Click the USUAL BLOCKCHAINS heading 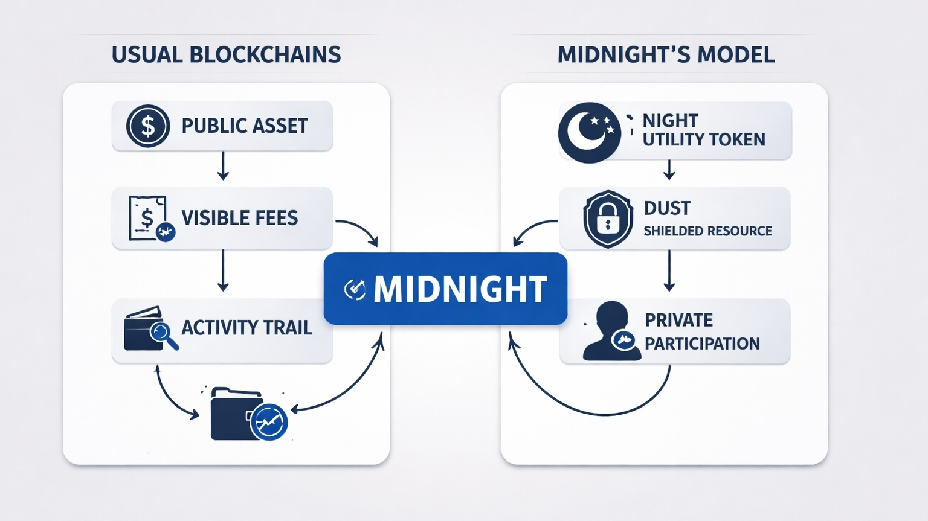click(x=226, y=55)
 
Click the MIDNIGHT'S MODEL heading click(x=666, y=55)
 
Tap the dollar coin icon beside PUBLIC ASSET click(x=147, y=126)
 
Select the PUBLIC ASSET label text click(x=245, y=126)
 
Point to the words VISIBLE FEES click(x=240, y=218)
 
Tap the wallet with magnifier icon click(x=149, y=330)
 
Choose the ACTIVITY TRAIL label click(x=246, y=328)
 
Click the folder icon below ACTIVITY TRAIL click(x=246, y=415)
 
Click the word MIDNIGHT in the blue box click(x=460, y=289)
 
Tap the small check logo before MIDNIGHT click(x=355, y=289)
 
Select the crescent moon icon click(x=589, y=132)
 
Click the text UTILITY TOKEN click(x=704, y=139)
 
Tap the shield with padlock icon click(x=608, y=219)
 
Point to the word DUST click(x=667, y=208)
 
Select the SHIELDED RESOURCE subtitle click(x=707, y=231)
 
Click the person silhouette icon click(x=610, y=331)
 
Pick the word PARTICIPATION click(x=702, y=344)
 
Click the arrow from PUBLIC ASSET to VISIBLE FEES click(x=223, y=166)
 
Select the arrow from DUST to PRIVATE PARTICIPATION click(x=669, y=271)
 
